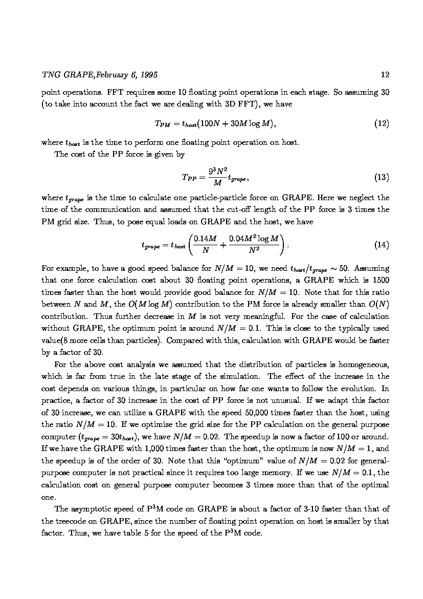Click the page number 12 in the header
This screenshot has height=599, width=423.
[385, 75]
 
